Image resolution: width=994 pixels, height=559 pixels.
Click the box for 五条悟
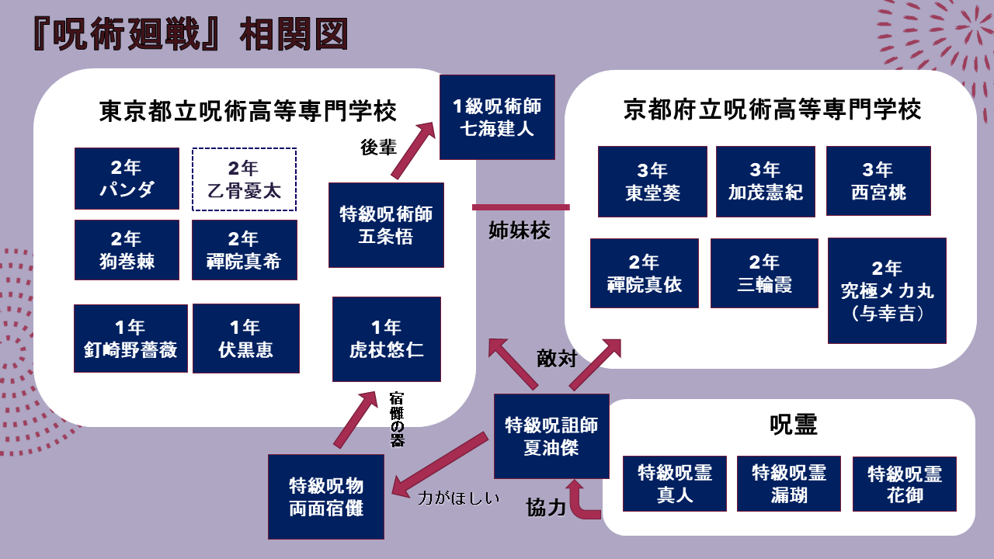tap(386, 225)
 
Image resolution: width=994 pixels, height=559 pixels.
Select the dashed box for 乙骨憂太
tap(244, 179)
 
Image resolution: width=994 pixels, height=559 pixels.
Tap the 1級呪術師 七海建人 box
tap(497, 117)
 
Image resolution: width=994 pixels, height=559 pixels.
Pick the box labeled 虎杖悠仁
tap(386, 339)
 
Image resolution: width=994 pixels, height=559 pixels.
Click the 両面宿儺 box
tap(326, 497)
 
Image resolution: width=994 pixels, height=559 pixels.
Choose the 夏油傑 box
tap(551, 436)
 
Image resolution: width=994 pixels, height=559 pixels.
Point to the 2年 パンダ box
tap(127, 179)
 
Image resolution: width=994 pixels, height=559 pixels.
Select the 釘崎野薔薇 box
tap(130, 339)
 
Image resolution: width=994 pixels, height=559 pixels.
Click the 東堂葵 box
tap(652, 182)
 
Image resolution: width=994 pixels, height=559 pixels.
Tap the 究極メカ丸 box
tap(887, 291)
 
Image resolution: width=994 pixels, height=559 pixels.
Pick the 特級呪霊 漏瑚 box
tap(788, 484)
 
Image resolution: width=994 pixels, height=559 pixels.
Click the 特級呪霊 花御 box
tap(904, 484)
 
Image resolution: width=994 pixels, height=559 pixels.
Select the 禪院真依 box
tap(644, 273)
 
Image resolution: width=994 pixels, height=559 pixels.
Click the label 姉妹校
tap(520, 231)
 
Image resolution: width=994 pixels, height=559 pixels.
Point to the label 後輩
tap(379, 148)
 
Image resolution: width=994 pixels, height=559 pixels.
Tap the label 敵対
tap(556, 358)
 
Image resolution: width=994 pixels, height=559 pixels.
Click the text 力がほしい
tap(458, 498)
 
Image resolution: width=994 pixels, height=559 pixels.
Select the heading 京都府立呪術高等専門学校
tap(772, 110)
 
